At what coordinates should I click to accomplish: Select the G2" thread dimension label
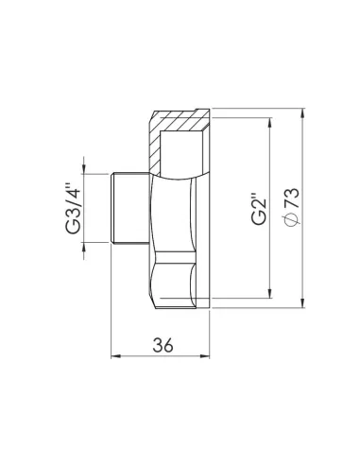click(x=258, y=208)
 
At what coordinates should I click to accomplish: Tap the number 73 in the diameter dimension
click(x=291, y=199)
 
